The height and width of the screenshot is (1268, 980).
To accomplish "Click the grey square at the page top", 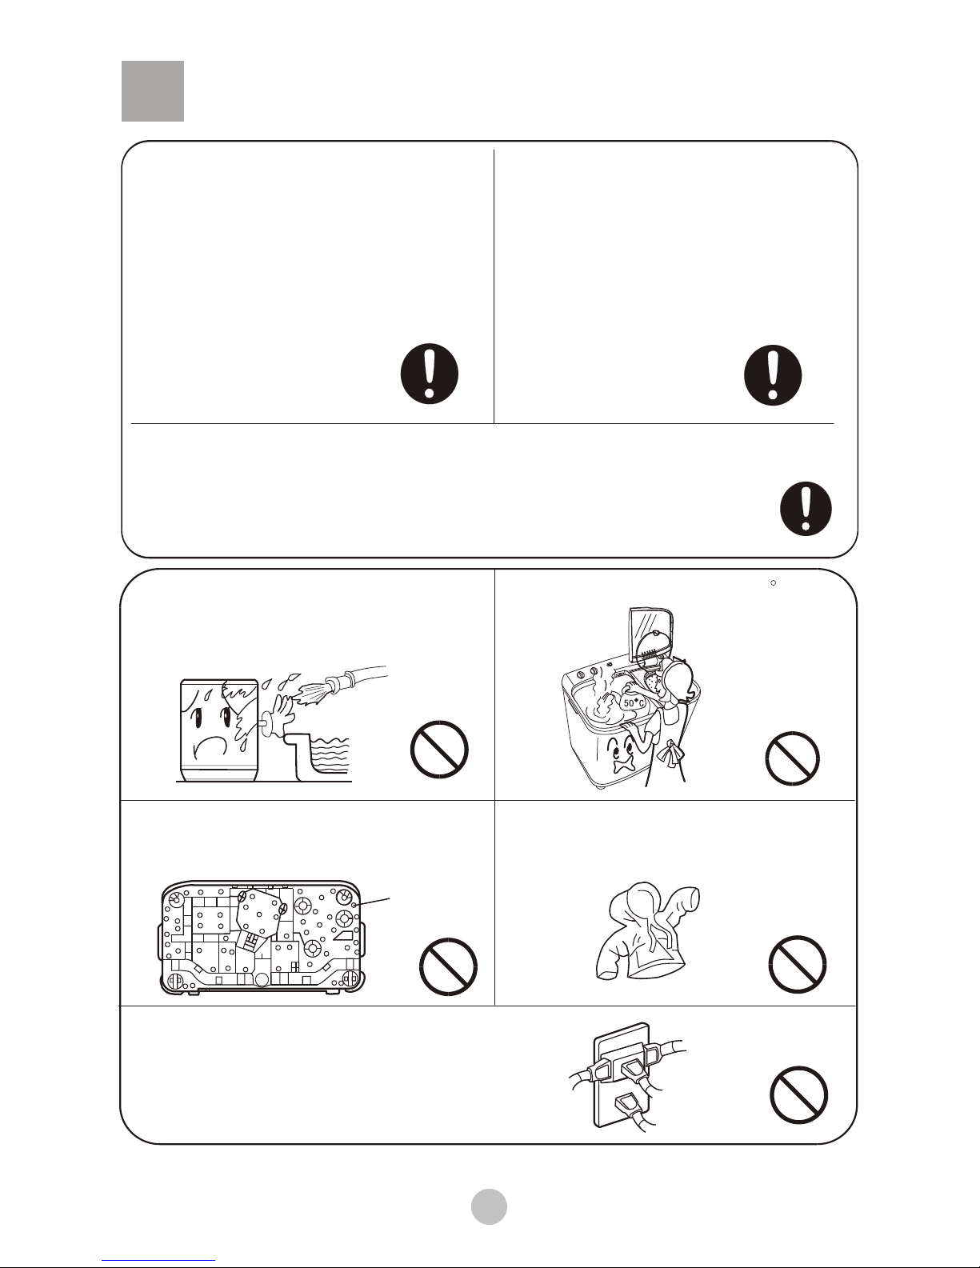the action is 153,91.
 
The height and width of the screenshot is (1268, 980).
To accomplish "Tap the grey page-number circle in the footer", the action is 489,1206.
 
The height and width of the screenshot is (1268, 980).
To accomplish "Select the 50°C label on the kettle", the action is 634,703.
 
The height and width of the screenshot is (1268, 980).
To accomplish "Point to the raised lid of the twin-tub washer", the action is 650,639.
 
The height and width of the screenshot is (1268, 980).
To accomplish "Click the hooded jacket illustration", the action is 647,930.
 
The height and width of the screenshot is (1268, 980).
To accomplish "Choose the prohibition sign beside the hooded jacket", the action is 797,964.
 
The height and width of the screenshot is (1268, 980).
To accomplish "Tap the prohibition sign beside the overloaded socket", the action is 798,1094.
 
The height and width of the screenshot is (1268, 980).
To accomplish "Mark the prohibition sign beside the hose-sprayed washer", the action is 439,750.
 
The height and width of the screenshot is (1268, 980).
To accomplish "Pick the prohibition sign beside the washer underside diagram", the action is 448,966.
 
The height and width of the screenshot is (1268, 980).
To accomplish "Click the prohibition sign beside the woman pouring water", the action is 792,758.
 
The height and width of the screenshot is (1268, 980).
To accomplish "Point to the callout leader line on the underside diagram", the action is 372,902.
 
